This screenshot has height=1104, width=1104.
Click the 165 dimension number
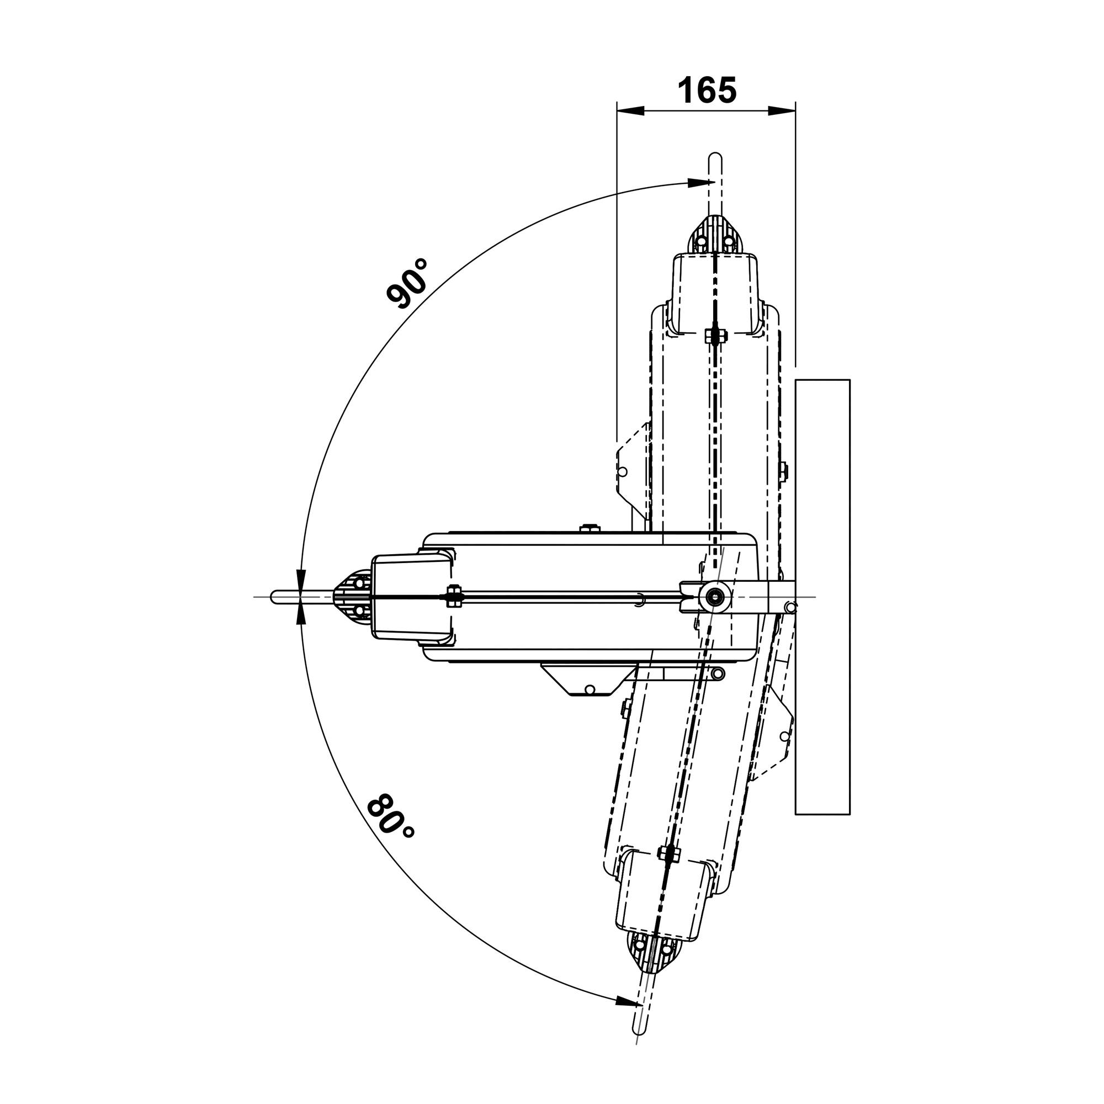tap(707, 91)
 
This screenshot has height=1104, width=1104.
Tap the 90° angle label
tap(407, 283)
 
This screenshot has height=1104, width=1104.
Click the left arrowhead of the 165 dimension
tap(631, 111)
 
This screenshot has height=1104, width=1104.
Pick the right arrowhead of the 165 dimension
tap(782, 111)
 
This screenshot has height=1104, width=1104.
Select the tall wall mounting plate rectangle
tap(822, 597)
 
